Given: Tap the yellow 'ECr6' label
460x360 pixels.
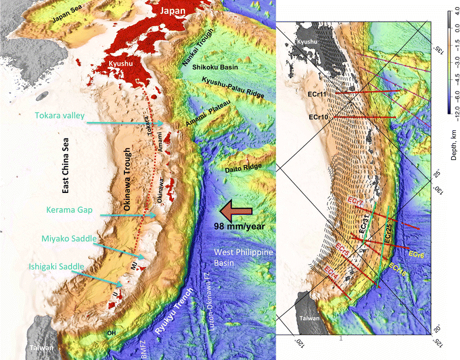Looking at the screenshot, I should (416, 254).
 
